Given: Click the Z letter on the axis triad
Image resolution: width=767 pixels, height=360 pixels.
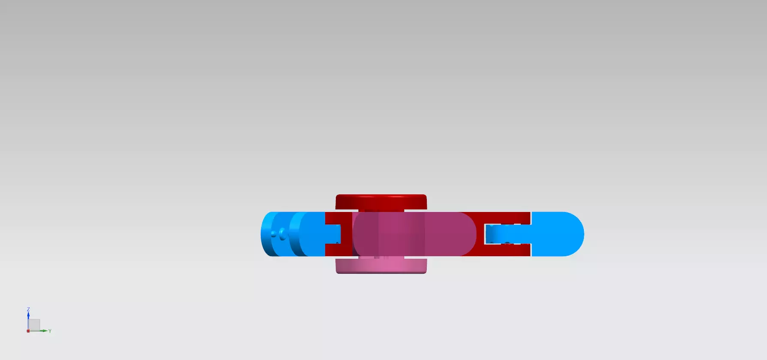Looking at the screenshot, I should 28,309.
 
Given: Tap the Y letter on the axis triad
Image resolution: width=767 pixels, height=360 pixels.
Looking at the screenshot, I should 50,331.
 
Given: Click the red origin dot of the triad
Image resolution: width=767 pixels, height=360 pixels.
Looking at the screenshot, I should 28,331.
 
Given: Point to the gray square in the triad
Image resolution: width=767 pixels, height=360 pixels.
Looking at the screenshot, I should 35,325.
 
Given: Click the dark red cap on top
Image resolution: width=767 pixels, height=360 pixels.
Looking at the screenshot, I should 381,201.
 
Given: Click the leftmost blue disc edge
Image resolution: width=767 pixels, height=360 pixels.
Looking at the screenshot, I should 266,234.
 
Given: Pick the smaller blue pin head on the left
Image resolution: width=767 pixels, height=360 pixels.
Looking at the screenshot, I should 274,234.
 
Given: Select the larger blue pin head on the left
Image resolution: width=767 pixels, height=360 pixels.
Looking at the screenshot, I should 282,234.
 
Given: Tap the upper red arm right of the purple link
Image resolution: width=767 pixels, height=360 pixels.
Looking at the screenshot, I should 502,218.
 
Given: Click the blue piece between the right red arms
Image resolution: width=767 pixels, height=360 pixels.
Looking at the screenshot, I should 506,234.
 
